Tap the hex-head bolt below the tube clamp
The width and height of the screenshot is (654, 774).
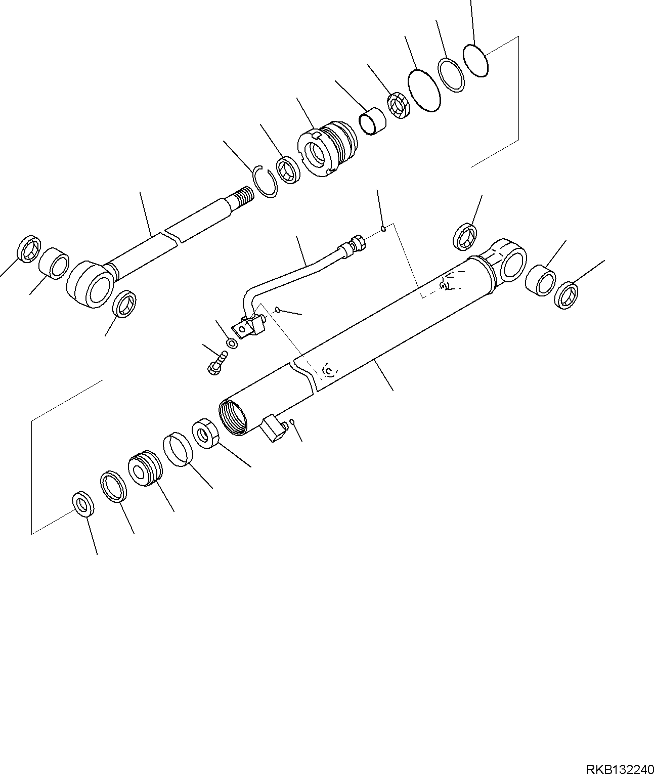(217, 363)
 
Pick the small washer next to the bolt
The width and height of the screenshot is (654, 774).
(233, 343)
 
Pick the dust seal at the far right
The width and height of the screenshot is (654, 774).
(566, 296)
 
